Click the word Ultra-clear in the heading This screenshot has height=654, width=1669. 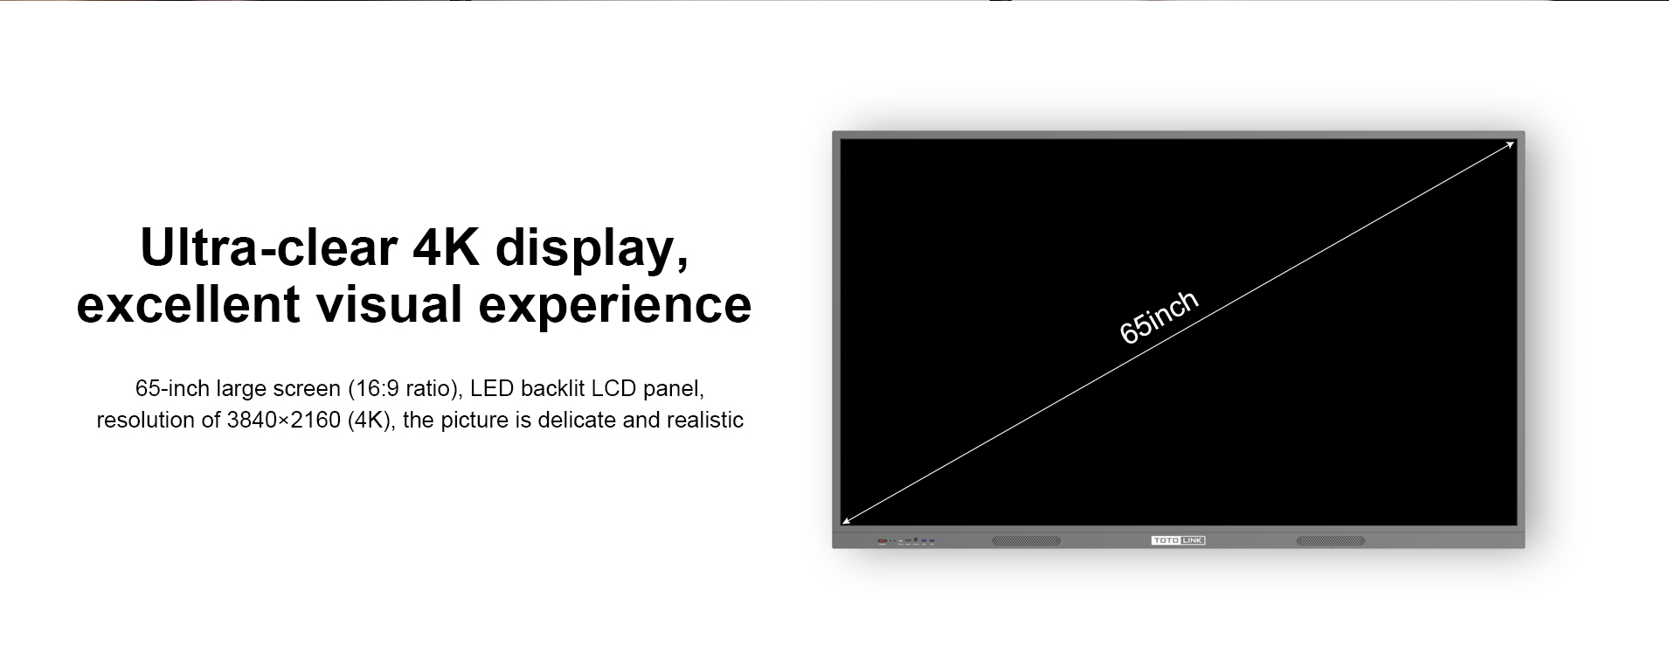(268, 247)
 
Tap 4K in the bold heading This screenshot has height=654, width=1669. (446, 247)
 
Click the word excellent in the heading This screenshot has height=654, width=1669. (182, 304)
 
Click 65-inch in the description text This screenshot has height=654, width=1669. (172, 388)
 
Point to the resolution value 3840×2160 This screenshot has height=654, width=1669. (283, 421)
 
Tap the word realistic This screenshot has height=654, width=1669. (705, 421)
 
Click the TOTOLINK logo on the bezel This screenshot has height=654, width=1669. (1178, 541)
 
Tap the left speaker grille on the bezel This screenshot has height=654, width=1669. (1026, 541)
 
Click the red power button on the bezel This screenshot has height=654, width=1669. (883, 541)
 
